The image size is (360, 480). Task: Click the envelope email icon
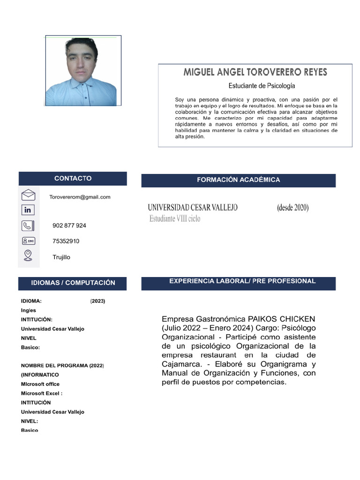click(x=28, y=195)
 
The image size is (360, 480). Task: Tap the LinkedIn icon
click(x=28, y=210)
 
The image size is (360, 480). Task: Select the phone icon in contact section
click(x=28, y=225)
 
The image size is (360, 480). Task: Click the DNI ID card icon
click(x=28, y=241)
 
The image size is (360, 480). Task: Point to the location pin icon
click(x=28, y=255)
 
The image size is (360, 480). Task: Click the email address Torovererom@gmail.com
click(x=80, y=197)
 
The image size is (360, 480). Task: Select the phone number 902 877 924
click(x=69, y=225)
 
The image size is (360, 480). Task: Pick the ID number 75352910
click(x=66, y=241)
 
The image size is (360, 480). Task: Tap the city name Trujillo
click(x=61, y=257)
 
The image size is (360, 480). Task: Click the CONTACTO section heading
click(x=73, y=179)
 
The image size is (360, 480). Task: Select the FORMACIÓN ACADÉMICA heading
click(x=238, y=180)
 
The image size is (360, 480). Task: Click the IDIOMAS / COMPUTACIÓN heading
click(x=73, y=283)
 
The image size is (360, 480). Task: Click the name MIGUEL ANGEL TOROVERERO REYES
click(x=255, y=73)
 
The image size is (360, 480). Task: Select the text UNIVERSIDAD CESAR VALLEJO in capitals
click(x=193, y=207)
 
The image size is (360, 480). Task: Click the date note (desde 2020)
click(x=292, y=207)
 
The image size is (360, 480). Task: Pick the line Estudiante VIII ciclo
click(x=174, y=218)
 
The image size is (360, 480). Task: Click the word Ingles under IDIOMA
click(x=29, y=310)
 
